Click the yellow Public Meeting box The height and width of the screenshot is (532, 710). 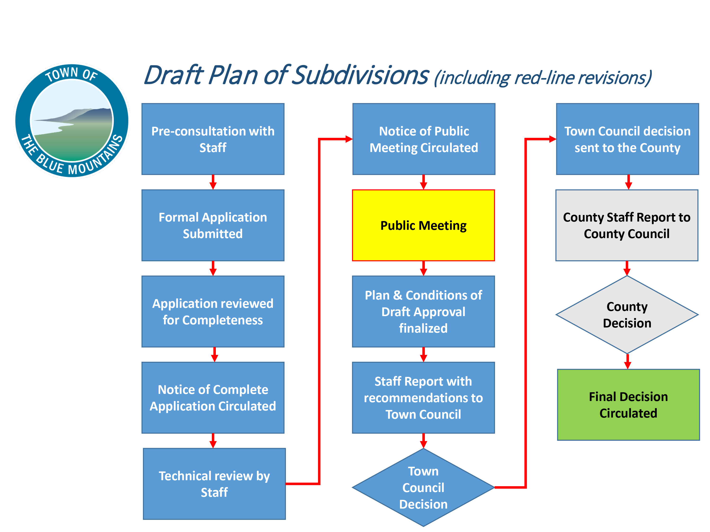coord(423,225)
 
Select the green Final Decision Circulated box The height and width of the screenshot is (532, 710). coord(628,405)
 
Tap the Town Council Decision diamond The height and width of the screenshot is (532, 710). coord(423,487)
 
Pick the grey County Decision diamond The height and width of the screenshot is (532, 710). coord(627,314)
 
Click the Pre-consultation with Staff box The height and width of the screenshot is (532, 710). coord(213,139)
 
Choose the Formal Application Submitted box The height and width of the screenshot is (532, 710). coord(213,225)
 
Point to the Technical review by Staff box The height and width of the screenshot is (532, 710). coord(214,484)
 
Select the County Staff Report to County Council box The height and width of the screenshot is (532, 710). coord(627,225)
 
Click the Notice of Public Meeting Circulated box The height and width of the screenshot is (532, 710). coord(424,139)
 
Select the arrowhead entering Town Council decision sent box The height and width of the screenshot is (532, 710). coord(552,139)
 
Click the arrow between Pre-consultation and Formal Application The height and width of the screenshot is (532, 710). coord(213,182)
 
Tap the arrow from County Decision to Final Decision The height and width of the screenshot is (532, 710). coord(628,361)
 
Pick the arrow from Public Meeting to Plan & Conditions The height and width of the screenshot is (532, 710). coord(423,268)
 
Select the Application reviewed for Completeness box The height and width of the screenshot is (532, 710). coord(213,311)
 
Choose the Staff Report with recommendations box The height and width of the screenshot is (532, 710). coord(423,398)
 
